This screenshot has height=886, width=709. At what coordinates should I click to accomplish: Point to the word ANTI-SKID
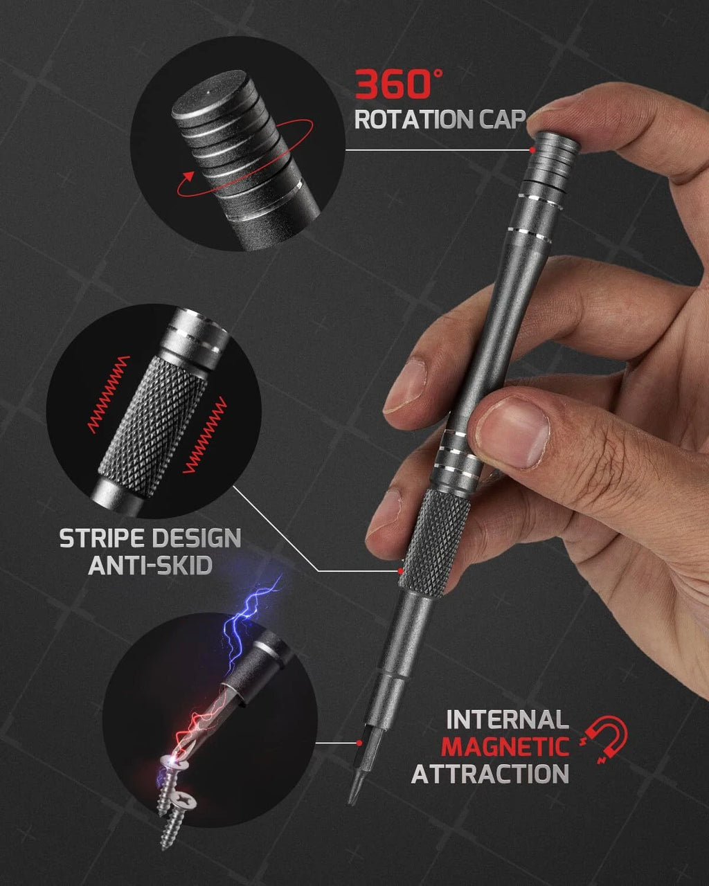click(150, 566)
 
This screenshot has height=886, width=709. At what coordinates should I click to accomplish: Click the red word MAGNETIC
click(505, 746)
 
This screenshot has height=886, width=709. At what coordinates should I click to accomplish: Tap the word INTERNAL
click(507, 720)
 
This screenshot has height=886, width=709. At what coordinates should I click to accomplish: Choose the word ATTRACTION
click(490, 773)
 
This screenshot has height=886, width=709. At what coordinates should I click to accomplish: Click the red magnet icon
click(607, 739)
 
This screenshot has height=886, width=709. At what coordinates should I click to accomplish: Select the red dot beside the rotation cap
click(532, 150)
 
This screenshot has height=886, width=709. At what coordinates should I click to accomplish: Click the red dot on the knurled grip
click(401, 571)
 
